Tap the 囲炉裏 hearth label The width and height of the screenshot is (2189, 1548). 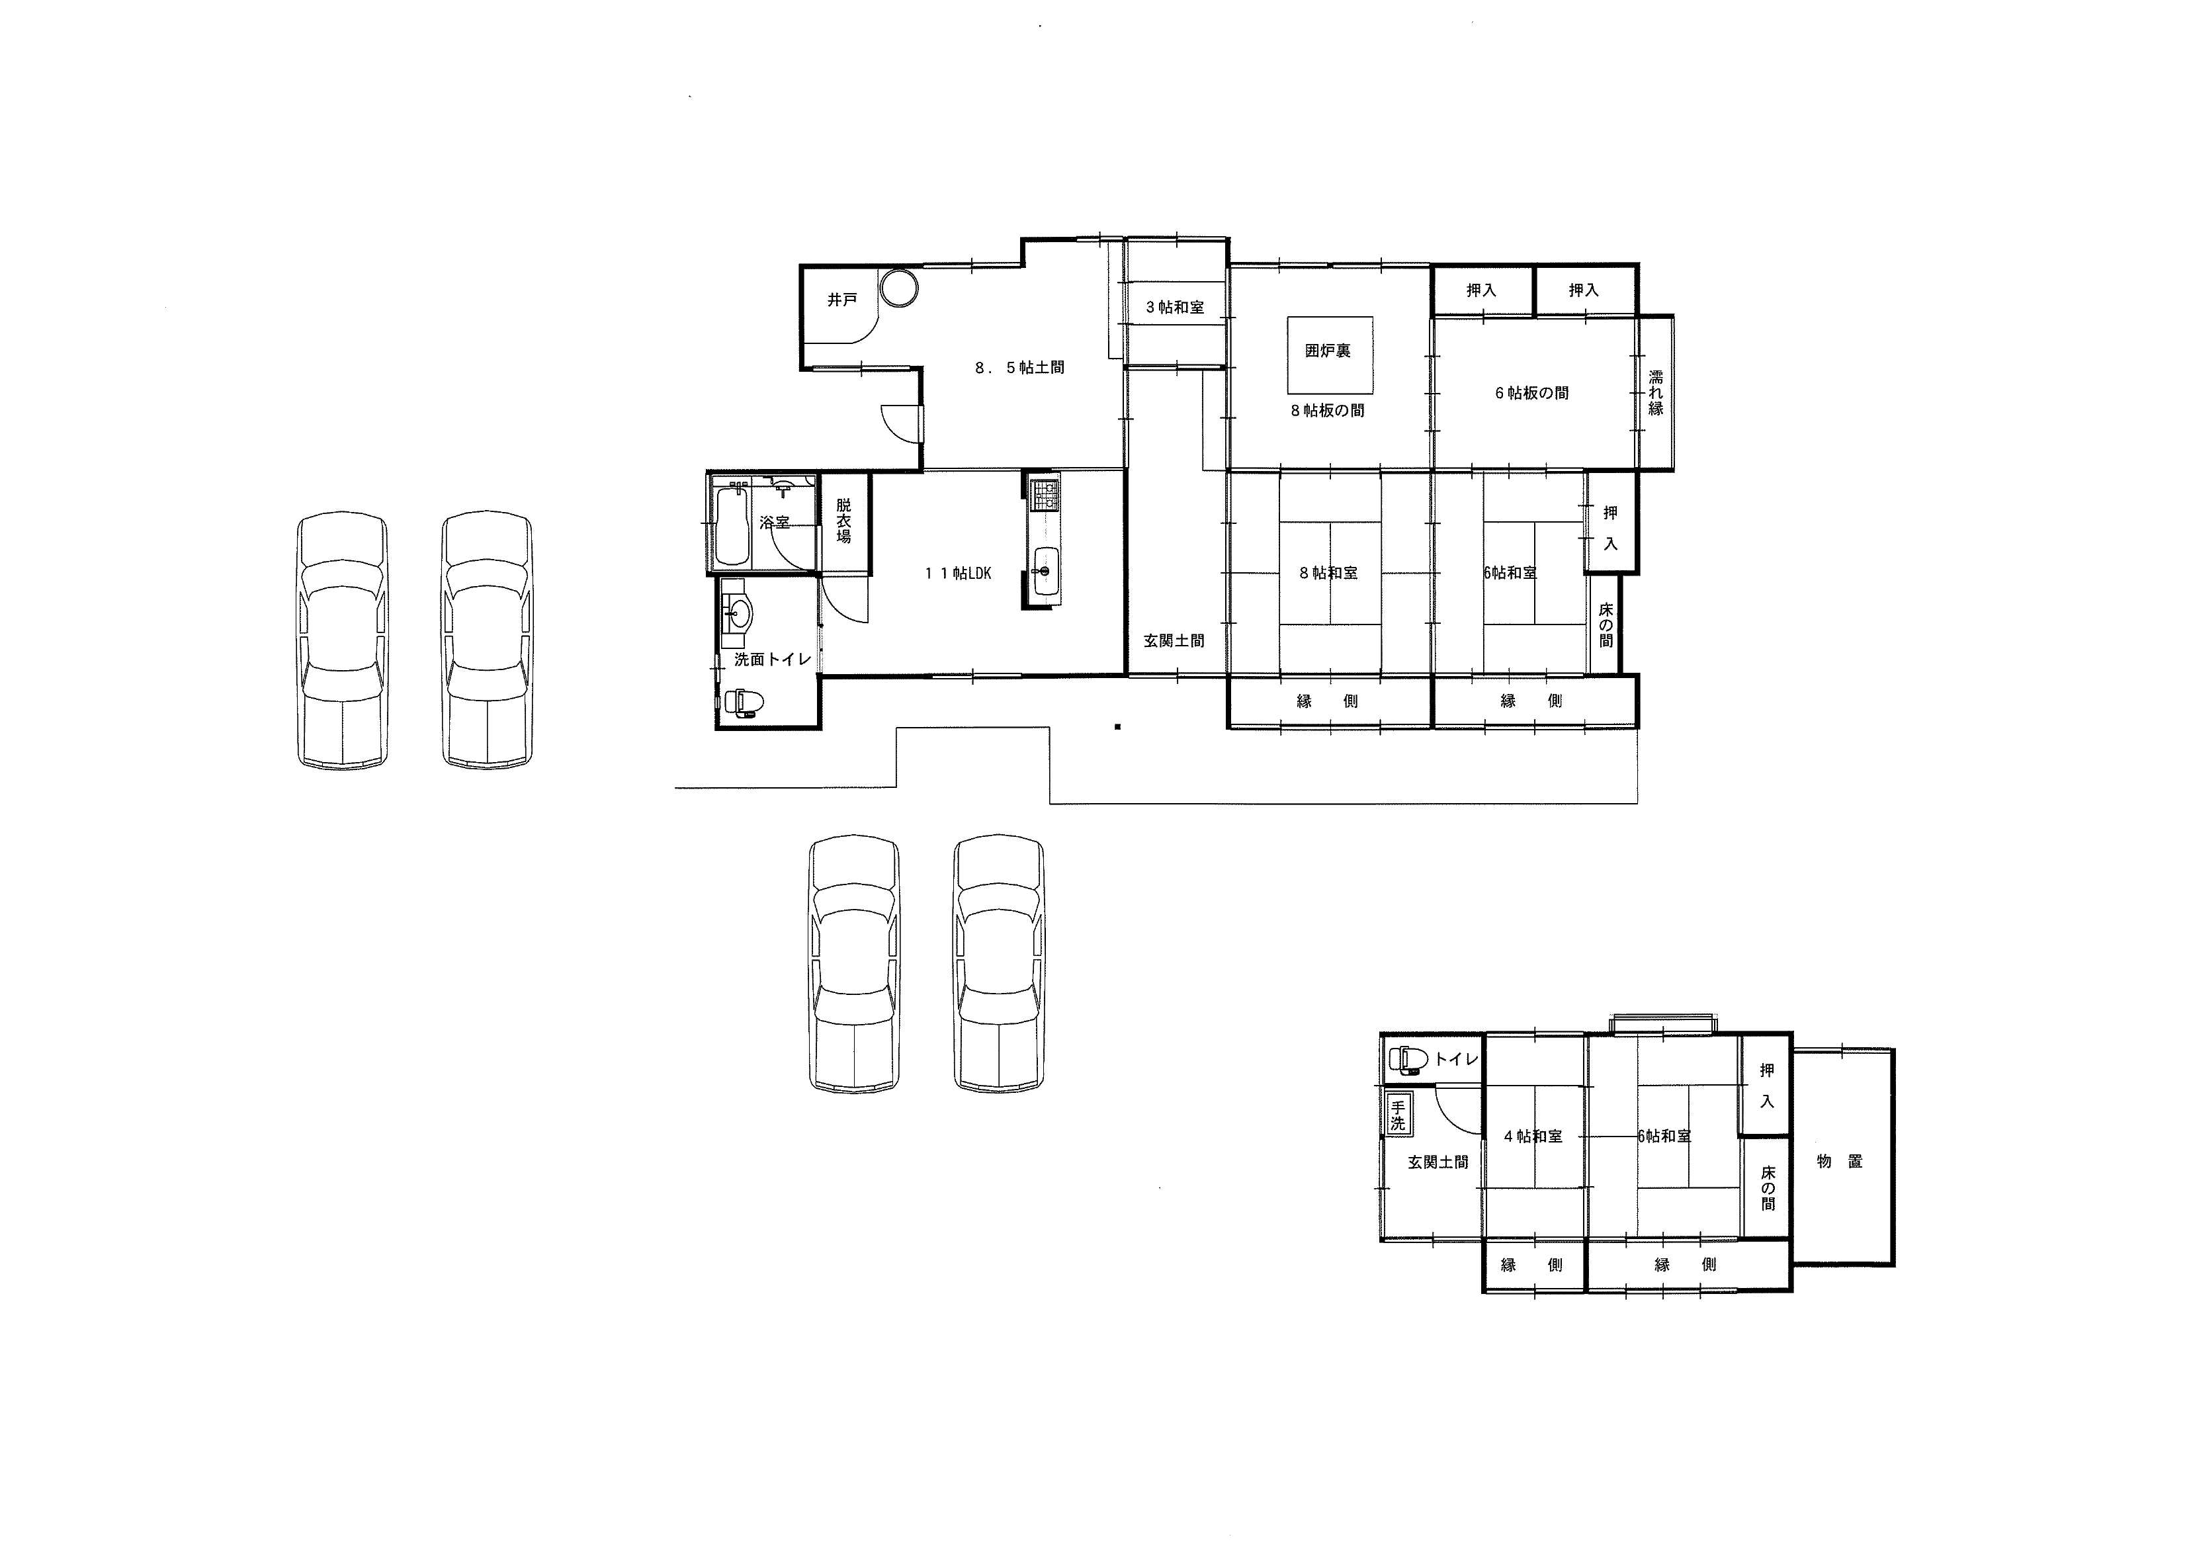click(x=1328, y=351)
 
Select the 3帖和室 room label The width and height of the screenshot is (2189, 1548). click(x=1175, y=307)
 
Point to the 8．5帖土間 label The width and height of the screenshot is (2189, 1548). click(x=1019, y=367)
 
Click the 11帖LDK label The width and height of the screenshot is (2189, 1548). click(x=958, y=573)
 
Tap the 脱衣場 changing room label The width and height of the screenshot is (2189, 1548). click(x=843, y=521)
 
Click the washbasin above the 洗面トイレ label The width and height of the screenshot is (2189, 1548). click(x=736, y=613)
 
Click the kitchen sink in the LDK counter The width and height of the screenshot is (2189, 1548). click(x=1046, y=573)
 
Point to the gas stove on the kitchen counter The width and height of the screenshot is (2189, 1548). click(x=1046, y=494)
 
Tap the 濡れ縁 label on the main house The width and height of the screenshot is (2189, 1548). click(x=1656, y=393)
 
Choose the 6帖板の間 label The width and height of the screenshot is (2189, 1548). click(x=1531, y=393)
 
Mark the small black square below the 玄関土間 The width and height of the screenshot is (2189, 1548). click(x=1117, y=727)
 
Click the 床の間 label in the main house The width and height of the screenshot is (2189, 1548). click(x=1606, y=624)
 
